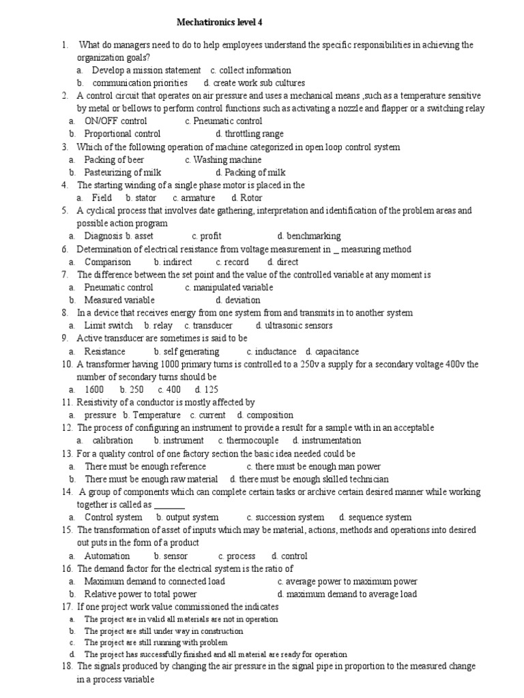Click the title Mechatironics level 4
219,22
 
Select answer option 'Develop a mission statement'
146,70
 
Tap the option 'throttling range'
254,134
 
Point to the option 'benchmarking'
314,237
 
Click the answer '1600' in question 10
94,390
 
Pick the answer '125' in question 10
211,390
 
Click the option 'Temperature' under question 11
157,415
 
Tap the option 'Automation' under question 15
107,556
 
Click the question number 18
67,666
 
